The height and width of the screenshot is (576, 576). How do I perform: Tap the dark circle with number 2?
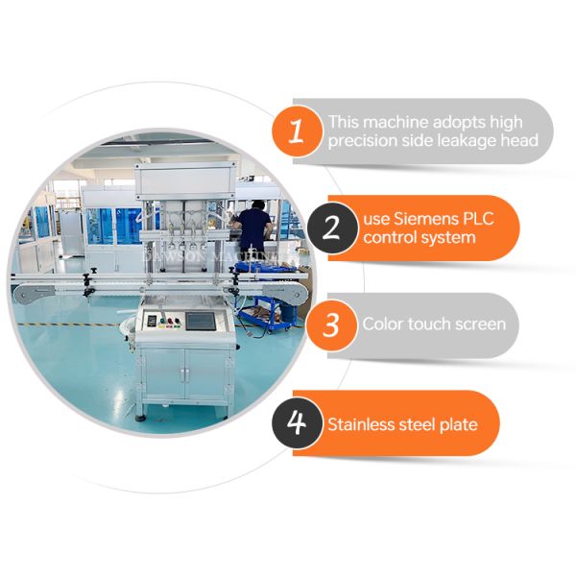coord(332,228)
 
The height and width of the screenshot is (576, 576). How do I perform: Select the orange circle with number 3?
coord(331,324)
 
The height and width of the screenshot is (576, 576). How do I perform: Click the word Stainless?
coord(361,423)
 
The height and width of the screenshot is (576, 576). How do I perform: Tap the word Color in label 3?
coord(381,324)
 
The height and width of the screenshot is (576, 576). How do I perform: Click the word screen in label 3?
coord(480,324)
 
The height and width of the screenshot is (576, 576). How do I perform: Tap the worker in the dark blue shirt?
coord(254,230)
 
